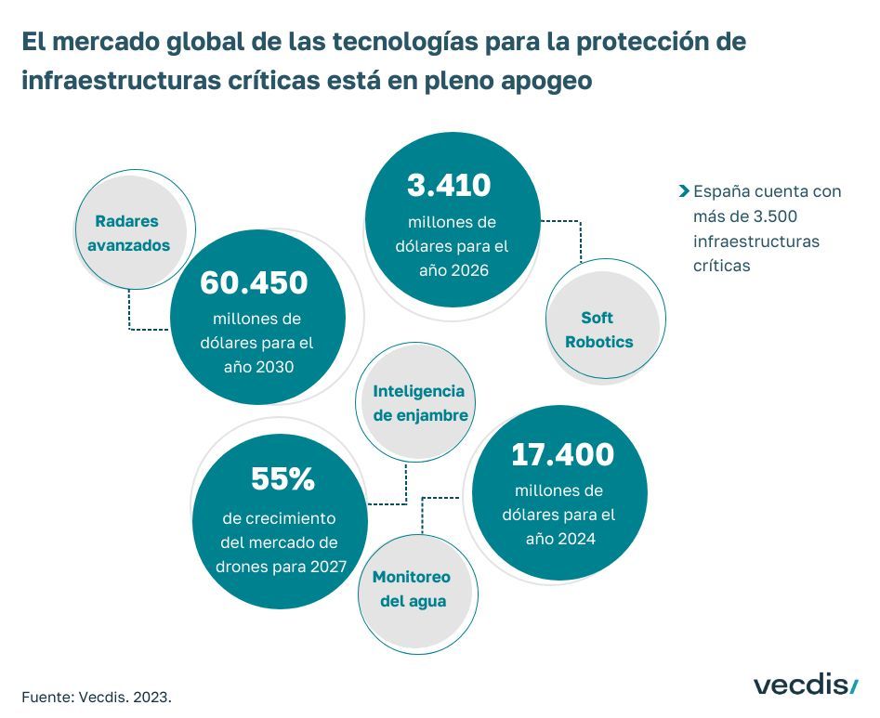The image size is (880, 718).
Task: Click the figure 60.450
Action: [254, 283]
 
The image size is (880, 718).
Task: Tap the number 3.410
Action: [449, 186]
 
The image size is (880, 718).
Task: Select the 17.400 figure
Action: [562, 454]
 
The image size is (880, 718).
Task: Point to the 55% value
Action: [283, 479]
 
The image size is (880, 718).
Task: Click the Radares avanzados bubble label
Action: [126, 233]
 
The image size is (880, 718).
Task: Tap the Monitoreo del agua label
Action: [411, 589]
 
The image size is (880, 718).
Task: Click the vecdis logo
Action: [806, 685]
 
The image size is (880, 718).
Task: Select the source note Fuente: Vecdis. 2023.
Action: [97, 695]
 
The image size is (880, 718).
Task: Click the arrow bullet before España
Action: [684, 192]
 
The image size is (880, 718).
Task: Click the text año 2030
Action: [257, 367]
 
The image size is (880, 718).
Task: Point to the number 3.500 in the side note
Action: [776, 216]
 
